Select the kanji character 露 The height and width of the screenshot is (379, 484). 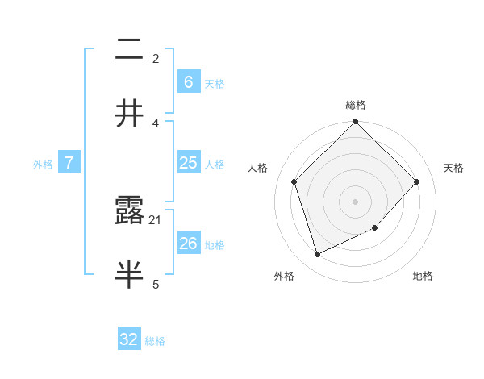pyautogui.click(x=129, y=211)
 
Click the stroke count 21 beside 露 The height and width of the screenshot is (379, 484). pyautogui.click(x=156, y=219)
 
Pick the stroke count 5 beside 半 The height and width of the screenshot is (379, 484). pyautogui.click(x=156, y=283)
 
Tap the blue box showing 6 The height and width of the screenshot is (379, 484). pyautogui.click(x=188, y=82)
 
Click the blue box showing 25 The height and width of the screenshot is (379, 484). pyautogui.click(x=188, y=163)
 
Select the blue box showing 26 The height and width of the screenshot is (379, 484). pyautogui.click(x=188, y=244)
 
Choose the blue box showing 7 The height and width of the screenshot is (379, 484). pyautogui.click(x=69, y=163)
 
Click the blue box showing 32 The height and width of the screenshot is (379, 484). pyautogui.click(x=129, y=339)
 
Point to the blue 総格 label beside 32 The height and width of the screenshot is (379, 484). pyautogui.click(x=155, y=341)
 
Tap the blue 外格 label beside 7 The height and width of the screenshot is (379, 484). pyautogui.click(x=43, y=165)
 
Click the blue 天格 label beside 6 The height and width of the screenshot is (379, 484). pyautogui.click(x=214, y=84)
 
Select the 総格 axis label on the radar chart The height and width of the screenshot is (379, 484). pyautogui.click(x=356, y=105)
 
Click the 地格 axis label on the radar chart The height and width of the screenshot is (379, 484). pyautogui.click(x=423, y=276)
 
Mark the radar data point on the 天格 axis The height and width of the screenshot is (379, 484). pyautogui.click(x=417, y=181)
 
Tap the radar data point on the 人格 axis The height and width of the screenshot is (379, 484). pyautogui.click(x=294, y=181)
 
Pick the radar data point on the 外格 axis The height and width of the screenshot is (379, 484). pyautogui.click(x=318, y=255)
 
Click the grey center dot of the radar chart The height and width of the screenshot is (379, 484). pyautogui.click(x=356, y=202)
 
